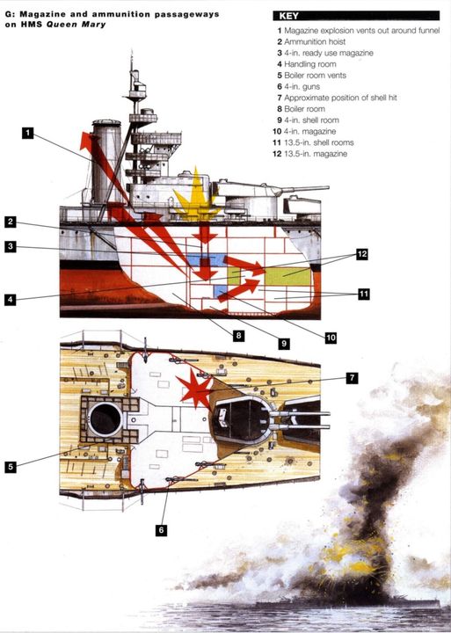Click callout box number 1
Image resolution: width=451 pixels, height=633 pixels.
click(x=27, y=133)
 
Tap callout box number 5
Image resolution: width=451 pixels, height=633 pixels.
click(x=11, y=467)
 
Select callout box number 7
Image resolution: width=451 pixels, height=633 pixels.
click(x=352, y=378)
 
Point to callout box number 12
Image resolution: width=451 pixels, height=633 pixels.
click(x=362, y=254)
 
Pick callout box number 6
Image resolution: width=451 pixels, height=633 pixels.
click(x=161, y=530)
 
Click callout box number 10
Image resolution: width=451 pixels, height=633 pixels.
click(x=331, y=338)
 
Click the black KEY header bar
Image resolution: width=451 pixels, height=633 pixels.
click(x=356, y=16)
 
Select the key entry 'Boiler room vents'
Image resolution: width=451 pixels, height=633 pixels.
click(x=312, y=75)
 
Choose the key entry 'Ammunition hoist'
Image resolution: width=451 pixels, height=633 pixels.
click(x=311, y=41)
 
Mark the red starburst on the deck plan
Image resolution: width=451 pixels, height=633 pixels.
click(x=196, y=388)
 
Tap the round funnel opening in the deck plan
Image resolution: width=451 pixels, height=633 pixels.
click(x=105, y=419)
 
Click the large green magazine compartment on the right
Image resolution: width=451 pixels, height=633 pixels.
click(x=288, y=277)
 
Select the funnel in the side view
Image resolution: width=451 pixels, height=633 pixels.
click(x=106, y=162)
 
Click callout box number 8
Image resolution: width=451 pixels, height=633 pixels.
click(x=238, y=335)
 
